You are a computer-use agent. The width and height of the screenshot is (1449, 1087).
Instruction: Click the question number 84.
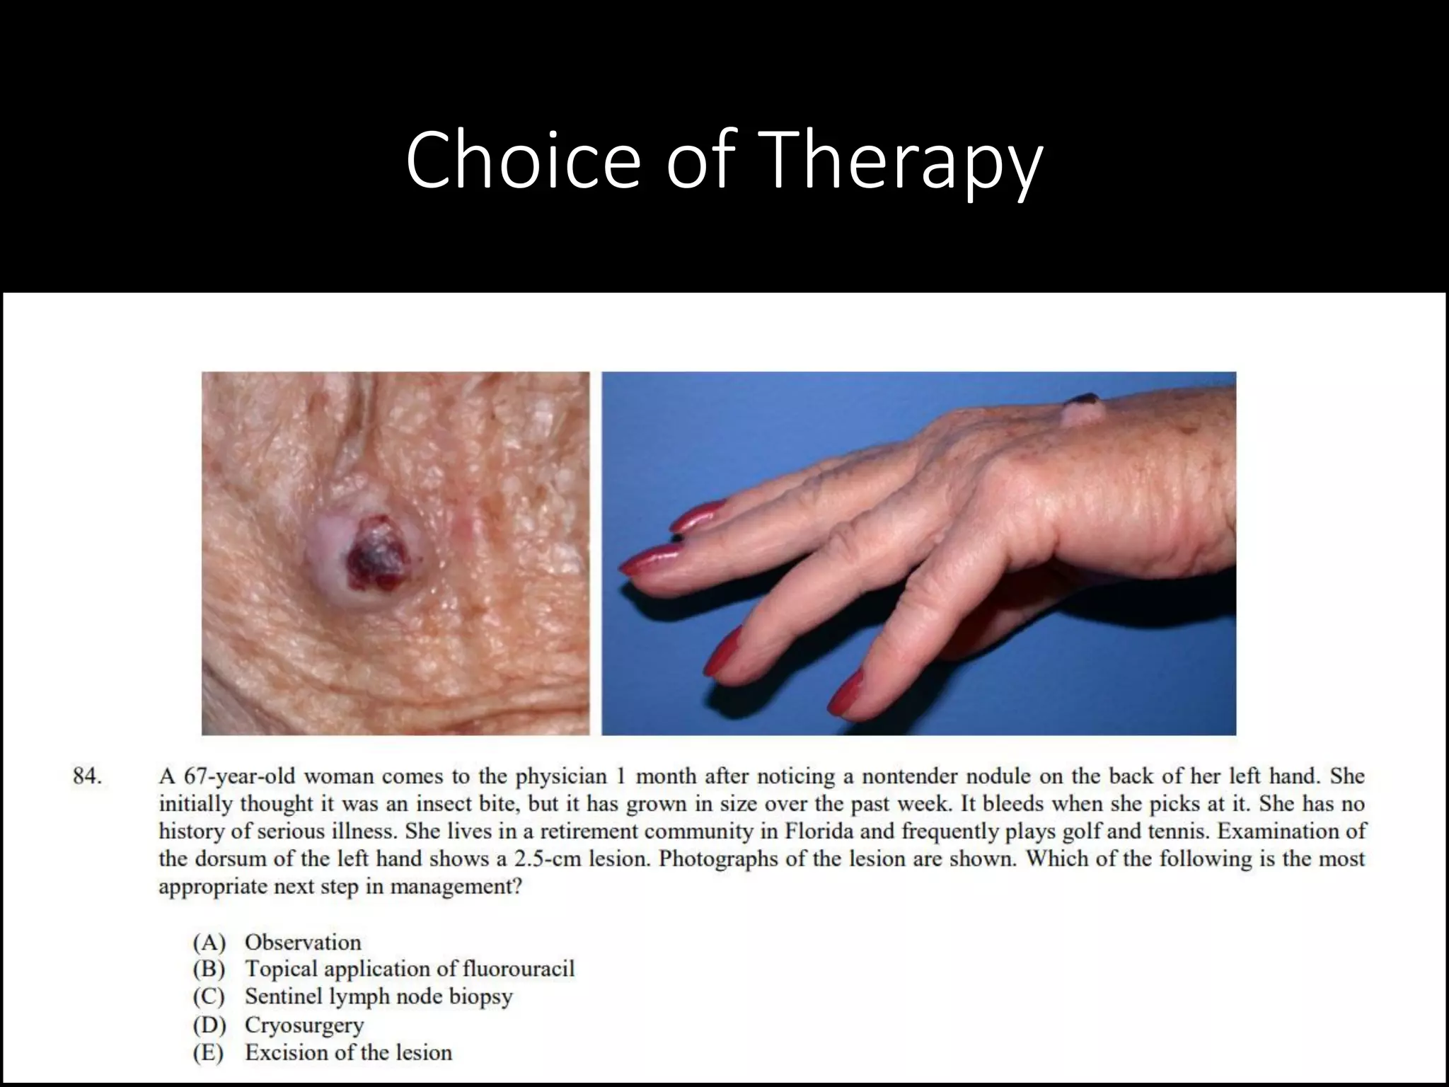pyautogui.click(x=87, y=776)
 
